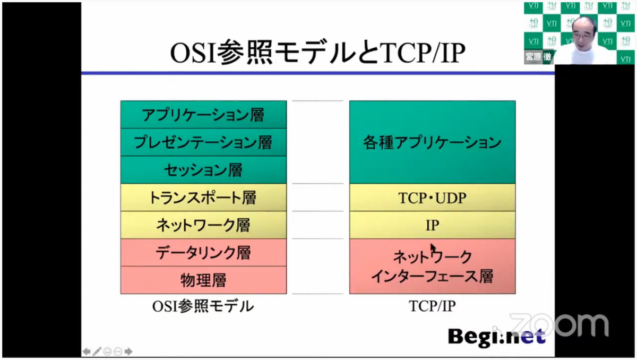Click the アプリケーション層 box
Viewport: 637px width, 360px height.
(203, 114)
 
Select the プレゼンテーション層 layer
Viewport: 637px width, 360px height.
(203, 142)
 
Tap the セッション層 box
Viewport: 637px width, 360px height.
(203, 170)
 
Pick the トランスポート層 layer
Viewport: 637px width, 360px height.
(203, 198)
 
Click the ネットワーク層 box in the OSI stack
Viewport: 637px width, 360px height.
(203, 225)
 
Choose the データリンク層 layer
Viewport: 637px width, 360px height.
(203, 253)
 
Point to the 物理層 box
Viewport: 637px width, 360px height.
(203, 280)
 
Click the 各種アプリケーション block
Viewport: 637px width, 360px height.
(432, 142)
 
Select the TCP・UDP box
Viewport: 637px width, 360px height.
(432, 198)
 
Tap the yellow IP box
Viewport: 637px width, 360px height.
(432, 225)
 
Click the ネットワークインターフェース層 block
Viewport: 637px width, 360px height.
(432, 266)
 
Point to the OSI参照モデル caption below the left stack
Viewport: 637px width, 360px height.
(203, 306)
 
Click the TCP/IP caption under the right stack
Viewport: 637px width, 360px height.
(432, 306)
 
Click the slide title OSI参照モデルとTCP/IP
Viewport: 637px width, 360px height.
(317, 53)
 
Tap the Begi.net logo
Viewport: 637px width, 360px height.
(496, 338)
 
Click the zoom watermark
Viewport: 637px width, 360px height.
(559, 325)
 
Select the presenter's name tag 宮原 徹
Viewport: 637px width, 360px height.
(538, 57)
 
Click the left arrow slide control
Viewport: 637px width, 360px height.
(87, 352)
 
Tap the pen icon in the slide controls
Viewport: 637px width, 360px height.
(97, 352)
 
